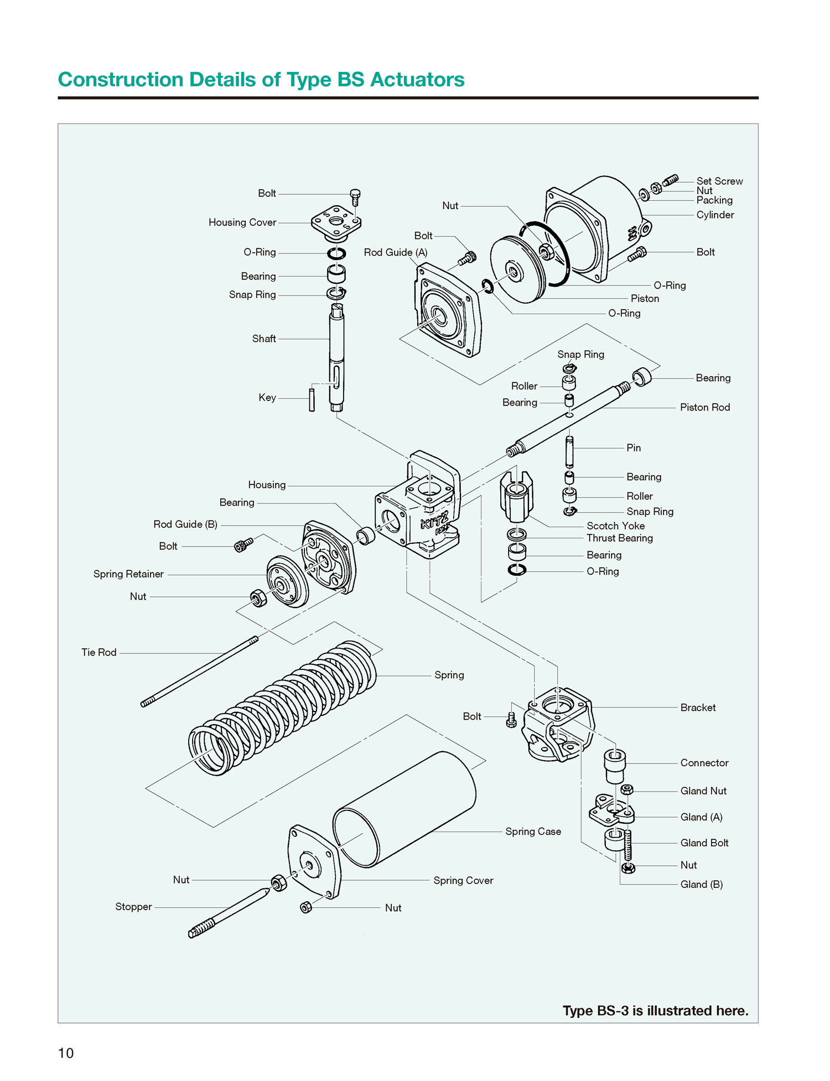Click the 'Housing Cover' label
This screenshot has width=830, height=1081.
[x=242, y=222]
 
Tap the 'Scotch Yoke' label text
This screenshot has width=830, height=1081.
[x=615, y=526]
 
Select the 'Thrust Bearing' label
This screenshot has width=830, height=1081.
[x=619, y=538]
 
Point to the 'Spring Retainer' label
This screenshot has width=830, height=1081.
[x=128, y=574]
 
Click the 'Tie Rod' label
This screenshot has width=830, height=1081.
[x=99, y=652]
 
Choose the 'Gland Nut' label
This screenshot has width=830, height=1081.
[x=703, y=791]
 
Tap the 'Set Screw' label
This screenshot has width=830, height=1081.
[x=719, y=181]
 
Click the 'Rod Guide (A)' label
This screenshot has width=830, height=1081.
[x=396, y=252]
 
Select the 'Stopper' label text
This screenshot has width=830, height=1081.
[x=133, y=906]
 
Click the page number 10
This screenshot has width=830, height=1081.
[x=66, y=1053]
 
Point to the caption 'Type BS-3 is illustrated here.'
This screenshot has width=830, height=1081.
[x=655, y=1010]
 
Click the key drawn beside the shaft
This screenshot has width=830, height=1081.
[x=312, y=399]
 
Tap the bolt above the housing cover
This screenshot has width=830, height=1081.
[x=355, y=196]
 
